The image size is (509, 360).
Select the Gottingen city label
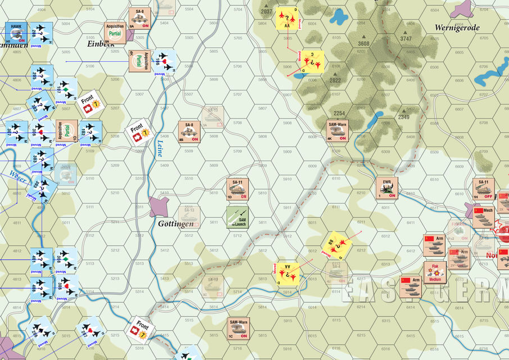tap(176, 223)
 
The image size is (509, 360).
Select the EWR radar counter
tap(387, 188)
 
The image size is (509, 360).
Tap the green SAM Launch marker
tap(237, 217)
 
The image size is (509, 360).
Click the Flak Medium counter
tap(434, 272)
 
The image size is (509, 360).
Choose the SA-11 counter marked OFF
tap(484, 189)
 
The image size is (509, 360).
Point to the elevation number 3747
tap(406, 39)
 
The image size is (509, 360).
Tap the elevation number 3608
tap(364, 43)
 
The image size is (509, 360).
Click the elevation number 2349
tap(404, 117)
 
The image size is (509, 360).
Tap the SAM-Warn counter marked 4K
tap(338, 131)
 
